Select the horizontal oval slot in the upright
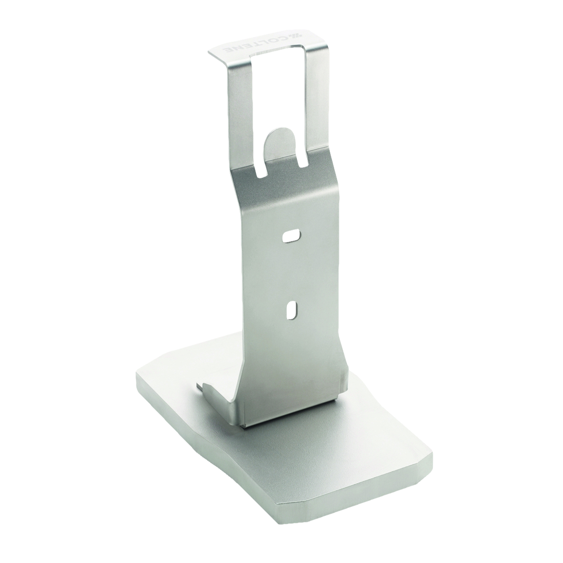tap(291, 235)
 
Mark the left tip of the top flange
tap(210, 51)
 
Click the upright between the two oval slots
tap(291, 272)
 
